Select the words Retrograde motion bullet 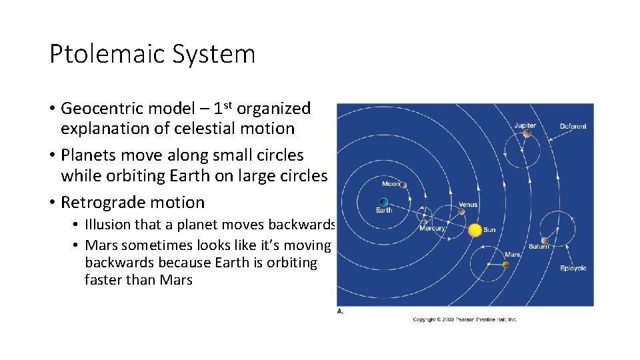pos(133,202)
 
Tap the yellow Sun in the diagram pos(475,230)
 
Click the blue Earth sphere pos(383,202)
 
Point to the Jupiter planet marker pos(527,133)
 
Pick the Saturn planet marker pos(545,241)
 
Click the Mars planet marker pos(505,265)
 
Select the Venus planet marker pos(461,212)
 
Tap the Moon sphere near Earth pos(405,191)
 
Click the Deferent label pos(573,126)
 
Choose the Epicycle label pos(573,268)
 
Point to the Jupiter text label pos(525,125)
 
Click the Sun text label pos(489,230)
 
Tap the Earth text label pos(384,211)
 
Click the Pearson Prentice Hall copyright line pos(465,319)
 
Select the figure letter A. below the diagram pos(340,311)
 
